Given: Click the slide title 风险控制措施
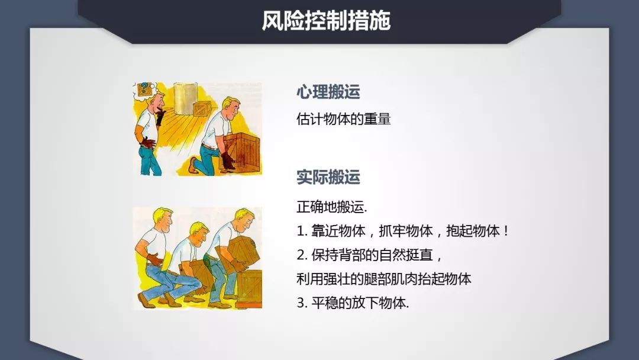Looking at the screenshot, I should [326, 21].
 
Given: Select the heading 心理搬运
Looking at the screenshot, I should [328, 92].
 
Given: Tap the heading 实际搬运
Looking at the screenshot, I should [328, 176].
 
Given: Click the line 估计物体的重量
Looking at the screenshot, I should [344, 119].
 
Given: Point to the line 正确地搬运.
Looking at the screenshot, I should [332, 208].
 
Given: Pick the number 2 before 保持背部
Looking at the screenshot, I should [300, 255].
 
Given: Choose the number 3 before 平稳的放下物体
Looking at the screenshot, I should [300, 303].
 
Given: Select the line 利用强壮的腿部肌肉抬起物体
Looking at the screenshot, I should [384, 279].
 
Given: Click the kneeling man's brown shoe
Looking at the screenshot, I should [193, 165].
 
